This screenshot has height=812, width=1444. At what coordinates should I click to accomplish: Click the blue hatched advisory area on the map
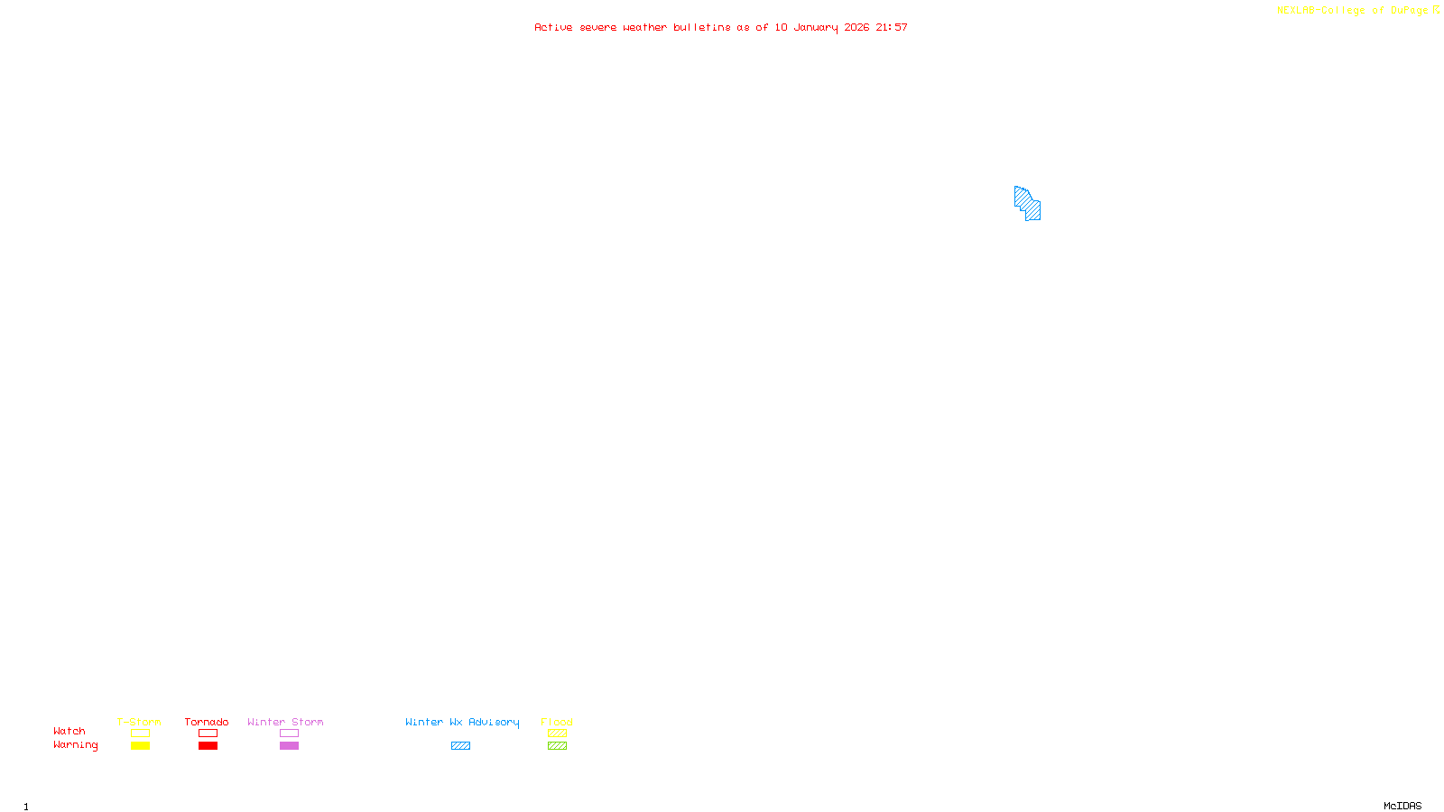click(1028, 203)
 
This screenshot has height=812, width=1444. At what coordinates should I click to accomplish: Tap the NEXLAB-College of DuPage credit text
click(1352, 10)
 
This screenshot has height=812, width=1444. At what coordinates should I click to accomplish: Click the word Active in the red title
click(552, 27)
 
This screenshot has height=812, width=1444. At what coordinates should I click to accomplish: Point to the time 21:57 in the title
click(891, 27)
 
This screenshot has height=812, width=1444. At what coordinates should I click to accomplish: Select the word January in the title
click(815, 27)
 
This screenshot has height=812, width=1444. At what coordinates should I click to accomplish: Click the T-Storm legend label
click(139, 722)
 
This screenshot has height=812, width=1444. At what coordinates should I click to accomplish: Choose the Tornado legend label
click(207, 722)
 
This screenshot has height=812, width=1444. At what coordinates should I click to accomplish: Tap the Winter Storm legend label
click(285, 722)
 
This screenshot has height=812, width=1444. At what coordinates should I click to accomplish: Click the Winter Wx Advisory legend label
click(462, 722)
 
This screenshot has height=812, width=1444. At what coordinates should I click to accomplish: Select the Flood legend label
click(557, 722)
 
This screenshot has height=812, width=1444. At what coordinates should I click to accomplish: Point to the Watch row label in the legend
click(69, 731)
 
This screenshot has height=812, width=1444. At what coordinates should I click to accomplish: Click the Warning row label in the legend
click(75, 745)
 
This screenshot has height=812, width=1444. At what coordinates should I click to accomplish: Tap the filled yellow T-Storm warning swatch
click(140, 746)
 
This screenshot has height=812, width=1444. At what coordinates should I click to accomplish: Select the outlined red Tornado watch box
click(208, 734)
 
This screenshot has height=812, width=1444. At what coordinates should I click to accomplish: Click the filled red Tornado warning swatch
click(208, 746)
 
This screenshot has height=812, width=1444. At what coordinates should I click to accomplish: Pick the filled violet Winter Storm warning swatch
click(289, 746)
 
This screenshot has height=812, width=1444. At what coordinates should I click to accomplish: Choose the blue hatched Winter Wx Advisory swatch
click(460, 746)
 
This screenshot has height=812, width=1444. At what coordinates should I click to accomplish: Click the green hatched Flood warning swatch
click(557, 746)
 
